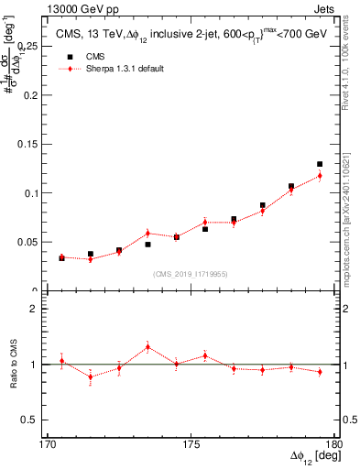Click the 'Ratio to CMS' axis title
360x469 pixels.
[12, 364]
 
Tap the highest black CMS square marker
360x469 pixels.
[320, 164]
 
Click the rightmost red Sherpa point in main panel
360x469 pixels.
[320, 176]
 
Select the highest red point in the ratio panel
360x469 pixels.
[147, 347]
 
